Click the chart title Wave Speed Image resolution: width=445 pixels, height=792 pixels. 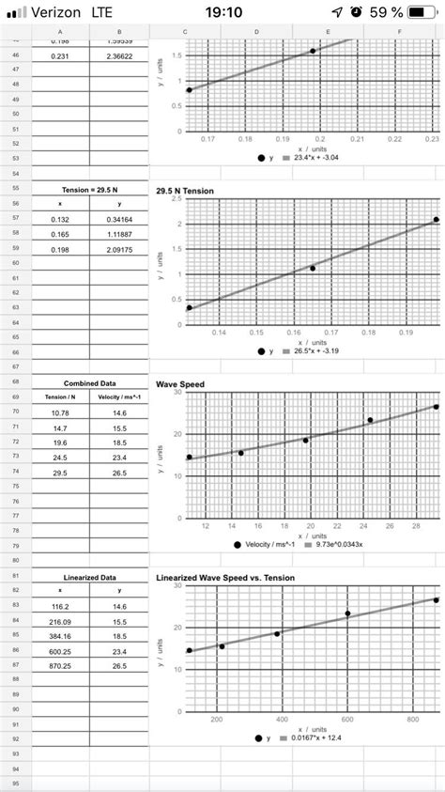click(x=180, y=384)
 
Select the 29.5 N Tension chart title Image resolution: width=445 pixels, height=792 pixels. click(x=185, y=191)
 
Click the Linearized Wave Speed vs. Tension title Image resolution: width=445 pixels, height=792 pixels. click(x=225, y=578)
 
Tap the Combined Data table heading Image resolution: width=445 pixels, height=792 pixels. click(x=89, y=383)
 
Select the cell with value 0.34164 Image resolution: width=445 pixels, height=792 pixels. click(x=119, y=219)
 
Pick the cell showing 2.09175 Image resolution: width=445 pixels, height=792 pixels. click(x=119, y=249)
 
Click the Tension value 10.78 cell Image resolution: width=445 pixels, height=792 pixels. click(x=60, y=412)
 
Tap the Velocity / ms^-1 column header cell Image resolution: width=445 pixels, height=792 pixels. click(x=119, y=397)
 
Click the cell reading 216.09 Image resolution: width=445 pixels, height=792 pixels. click(x=60, y=622)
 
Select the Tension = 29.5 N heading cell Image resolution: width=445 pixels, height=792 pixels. click(x=89, y=190)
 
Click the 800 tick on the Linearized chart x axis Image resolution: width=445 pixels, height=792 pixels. click(x=411, y=719)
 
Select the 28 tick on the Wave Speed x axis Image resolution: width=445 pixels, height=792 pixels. click(x=416, y=526)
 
